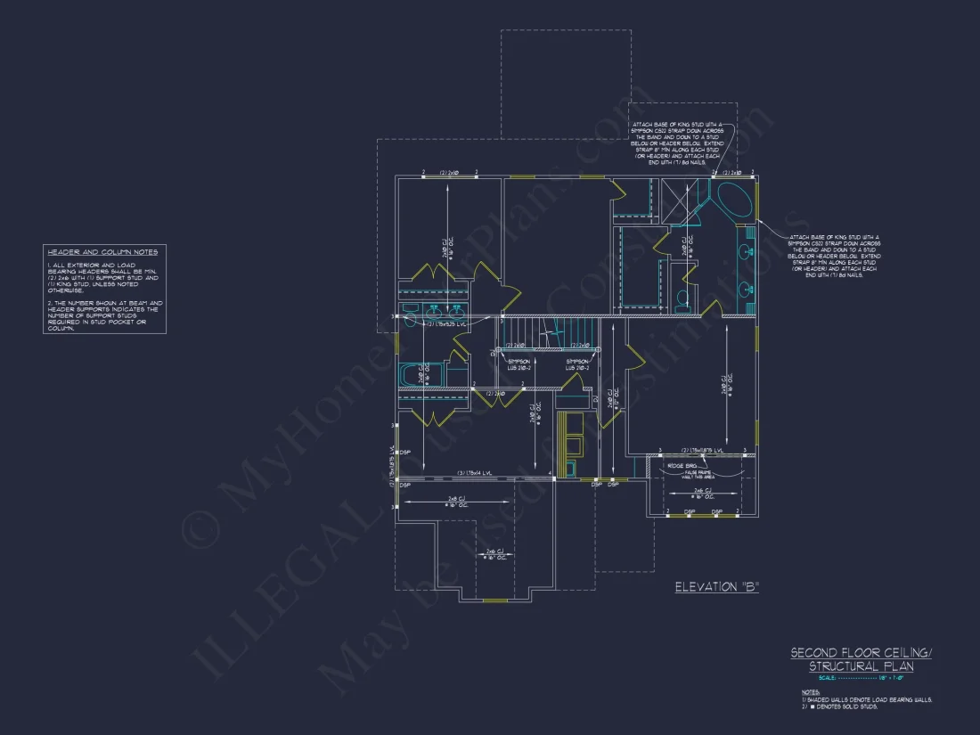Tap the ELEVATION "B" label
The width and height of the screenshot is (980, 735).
coord(716,586)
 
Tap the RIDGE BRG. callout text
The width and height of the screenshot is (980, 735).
coord(682,465)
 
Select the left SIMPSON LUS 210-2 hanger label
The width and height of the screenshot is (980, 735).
coord(519,363)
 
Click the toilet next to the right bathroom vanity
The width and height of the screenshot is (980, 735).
coord(682,298)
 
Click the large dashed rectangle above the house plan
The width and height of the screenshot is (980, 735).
coord(567,85)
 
